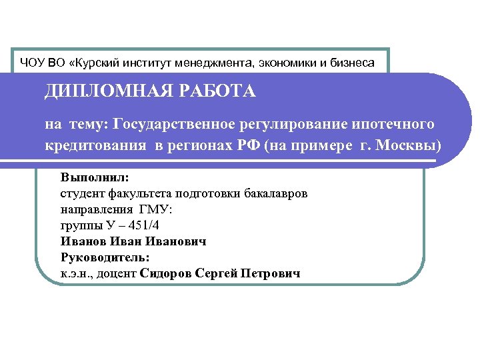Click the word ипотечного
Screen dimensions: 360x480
tap(393, 124)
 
